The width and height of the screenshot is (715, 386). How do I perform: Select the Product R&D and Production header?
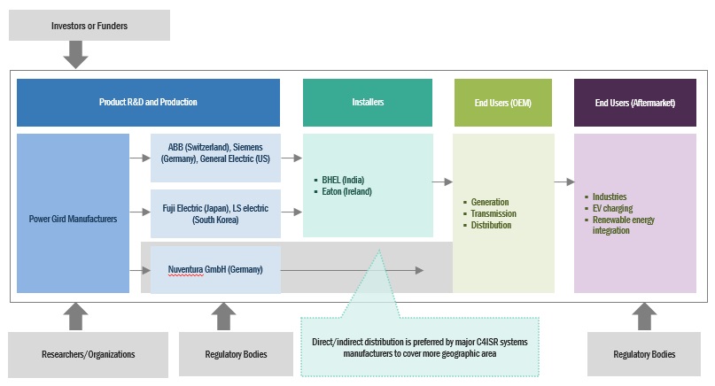tap(148, 103)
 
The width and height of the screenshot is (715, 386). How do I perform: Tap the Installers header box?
tap(368, 103)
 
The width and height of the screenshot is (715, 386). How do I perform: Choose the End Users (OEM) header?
tap(502, 103)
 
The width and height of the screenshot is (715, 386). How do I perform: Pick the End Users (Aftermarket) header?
tap(634, 103)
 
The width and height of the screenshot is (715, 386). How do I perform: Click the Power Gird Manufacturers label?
tap(73, 219)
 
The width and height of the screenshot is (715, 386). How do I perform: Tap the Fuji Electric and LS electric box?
tap(215, 212)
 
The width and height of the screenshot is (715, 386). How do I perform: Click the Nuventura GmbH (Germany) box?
tap(215, 268)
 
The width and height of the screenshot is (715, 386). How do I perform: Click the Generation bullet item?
tap(491, 202)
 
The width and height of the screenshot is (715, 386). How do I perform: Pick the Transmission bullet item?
tap(494, 213)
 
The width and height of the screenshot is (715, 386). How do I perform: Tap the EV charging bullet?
tap(612, 208)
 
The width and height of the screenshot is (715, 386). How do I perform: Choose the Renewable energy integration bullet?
tap(623, 225)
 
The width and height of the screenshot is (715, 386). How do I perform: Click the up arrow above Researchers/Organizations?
tap(77, 315)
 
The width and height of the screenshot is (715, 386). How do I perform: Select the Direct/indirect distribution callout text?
tap(420, 346)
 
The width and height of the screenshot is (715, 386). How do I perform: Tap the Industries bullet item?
tap(610, 197)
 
